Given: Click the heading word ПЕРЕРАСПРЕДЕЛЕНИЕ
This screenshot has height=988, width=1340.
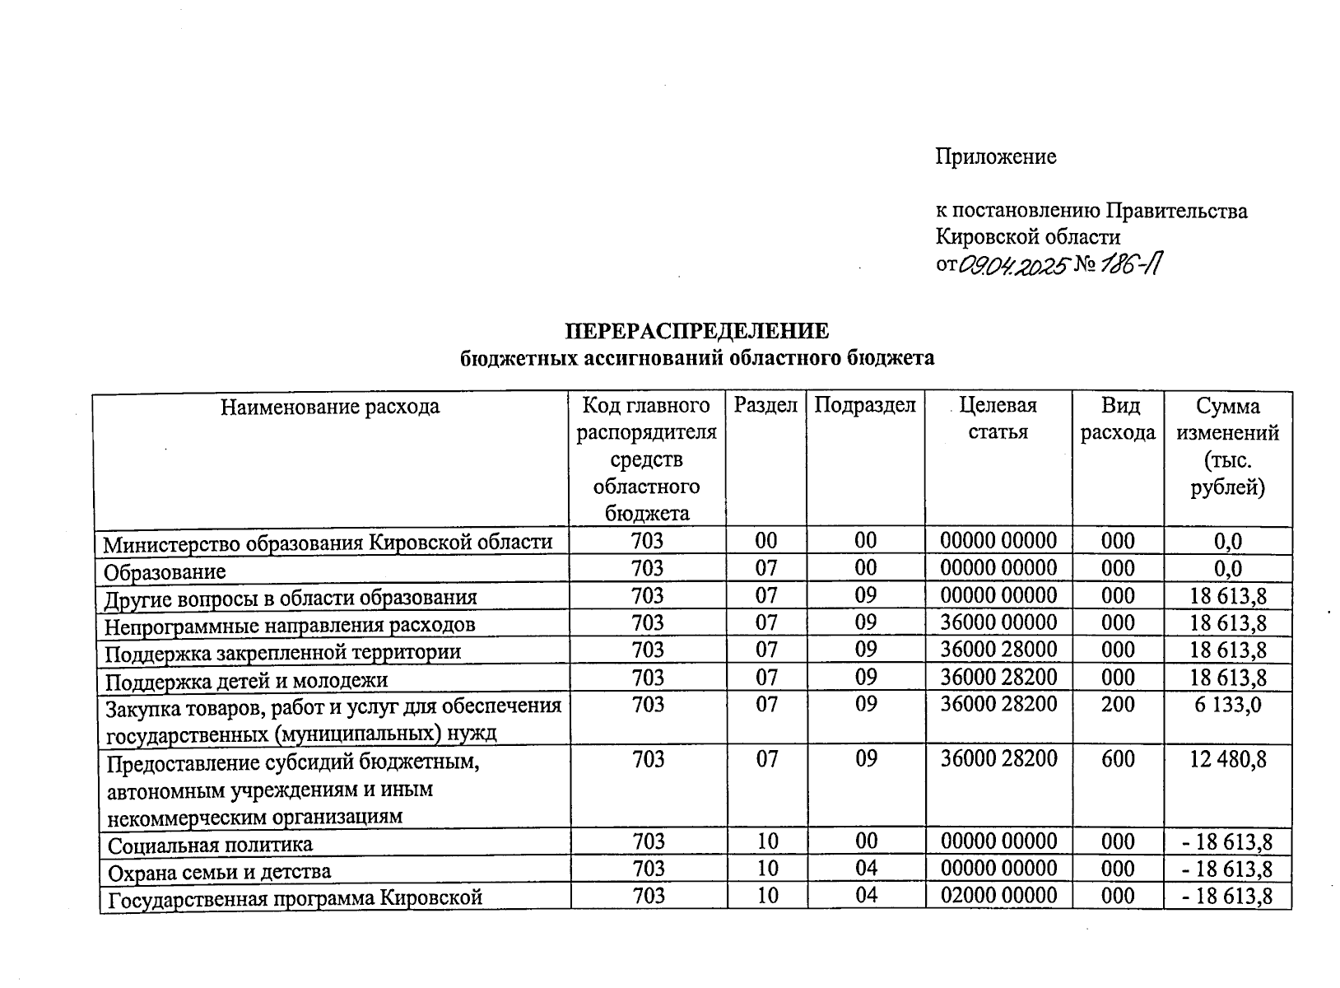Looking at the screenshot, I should [696, 331].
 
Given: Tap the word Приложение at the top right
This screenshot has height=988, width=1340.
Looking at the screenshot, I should [995, 156].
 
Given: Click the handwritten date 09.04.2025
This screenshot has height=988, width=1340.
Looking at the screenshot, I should [1015, 265].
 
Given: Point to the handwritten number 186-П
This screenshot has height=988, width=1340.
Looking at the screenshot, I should [1135, 265].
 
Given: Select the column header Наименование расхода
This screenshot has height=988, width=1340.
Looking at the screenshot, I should [330, 407].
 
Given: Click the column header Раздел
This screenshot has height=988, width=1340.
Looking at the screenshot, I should [765, 405].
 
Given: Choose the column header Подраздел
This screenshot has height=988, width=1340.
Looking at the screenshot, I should [865, 405].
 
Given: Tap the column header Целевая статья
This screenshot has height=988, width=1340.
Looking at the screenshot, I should [998, 418].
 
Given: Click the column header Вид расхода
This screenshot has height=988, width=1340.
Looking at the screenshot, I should [1118, 418].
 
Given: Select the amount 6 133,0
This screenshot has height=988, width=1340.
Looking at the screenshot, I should [1226, 705].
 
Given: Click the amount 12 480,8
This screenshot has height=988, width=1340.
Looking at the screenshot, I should [1227, 759].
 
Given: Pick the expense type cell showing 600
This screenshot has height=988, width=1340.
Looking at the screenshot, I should [1118, 759].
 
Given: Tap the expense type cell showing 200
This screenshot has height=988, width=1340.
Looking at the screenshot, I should [1118, 705].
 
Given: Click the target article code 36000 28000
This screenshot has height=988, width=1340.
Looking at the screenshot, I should [998, 650].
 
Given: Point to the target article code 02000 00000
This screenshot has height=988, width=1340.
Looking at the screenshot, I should [998, 896].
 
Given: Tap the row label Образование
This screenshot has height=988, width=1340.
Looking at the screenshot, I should [165, 571].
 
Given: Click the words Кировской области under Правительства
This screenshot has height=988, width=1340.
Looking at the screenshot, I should [1027, 237].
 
